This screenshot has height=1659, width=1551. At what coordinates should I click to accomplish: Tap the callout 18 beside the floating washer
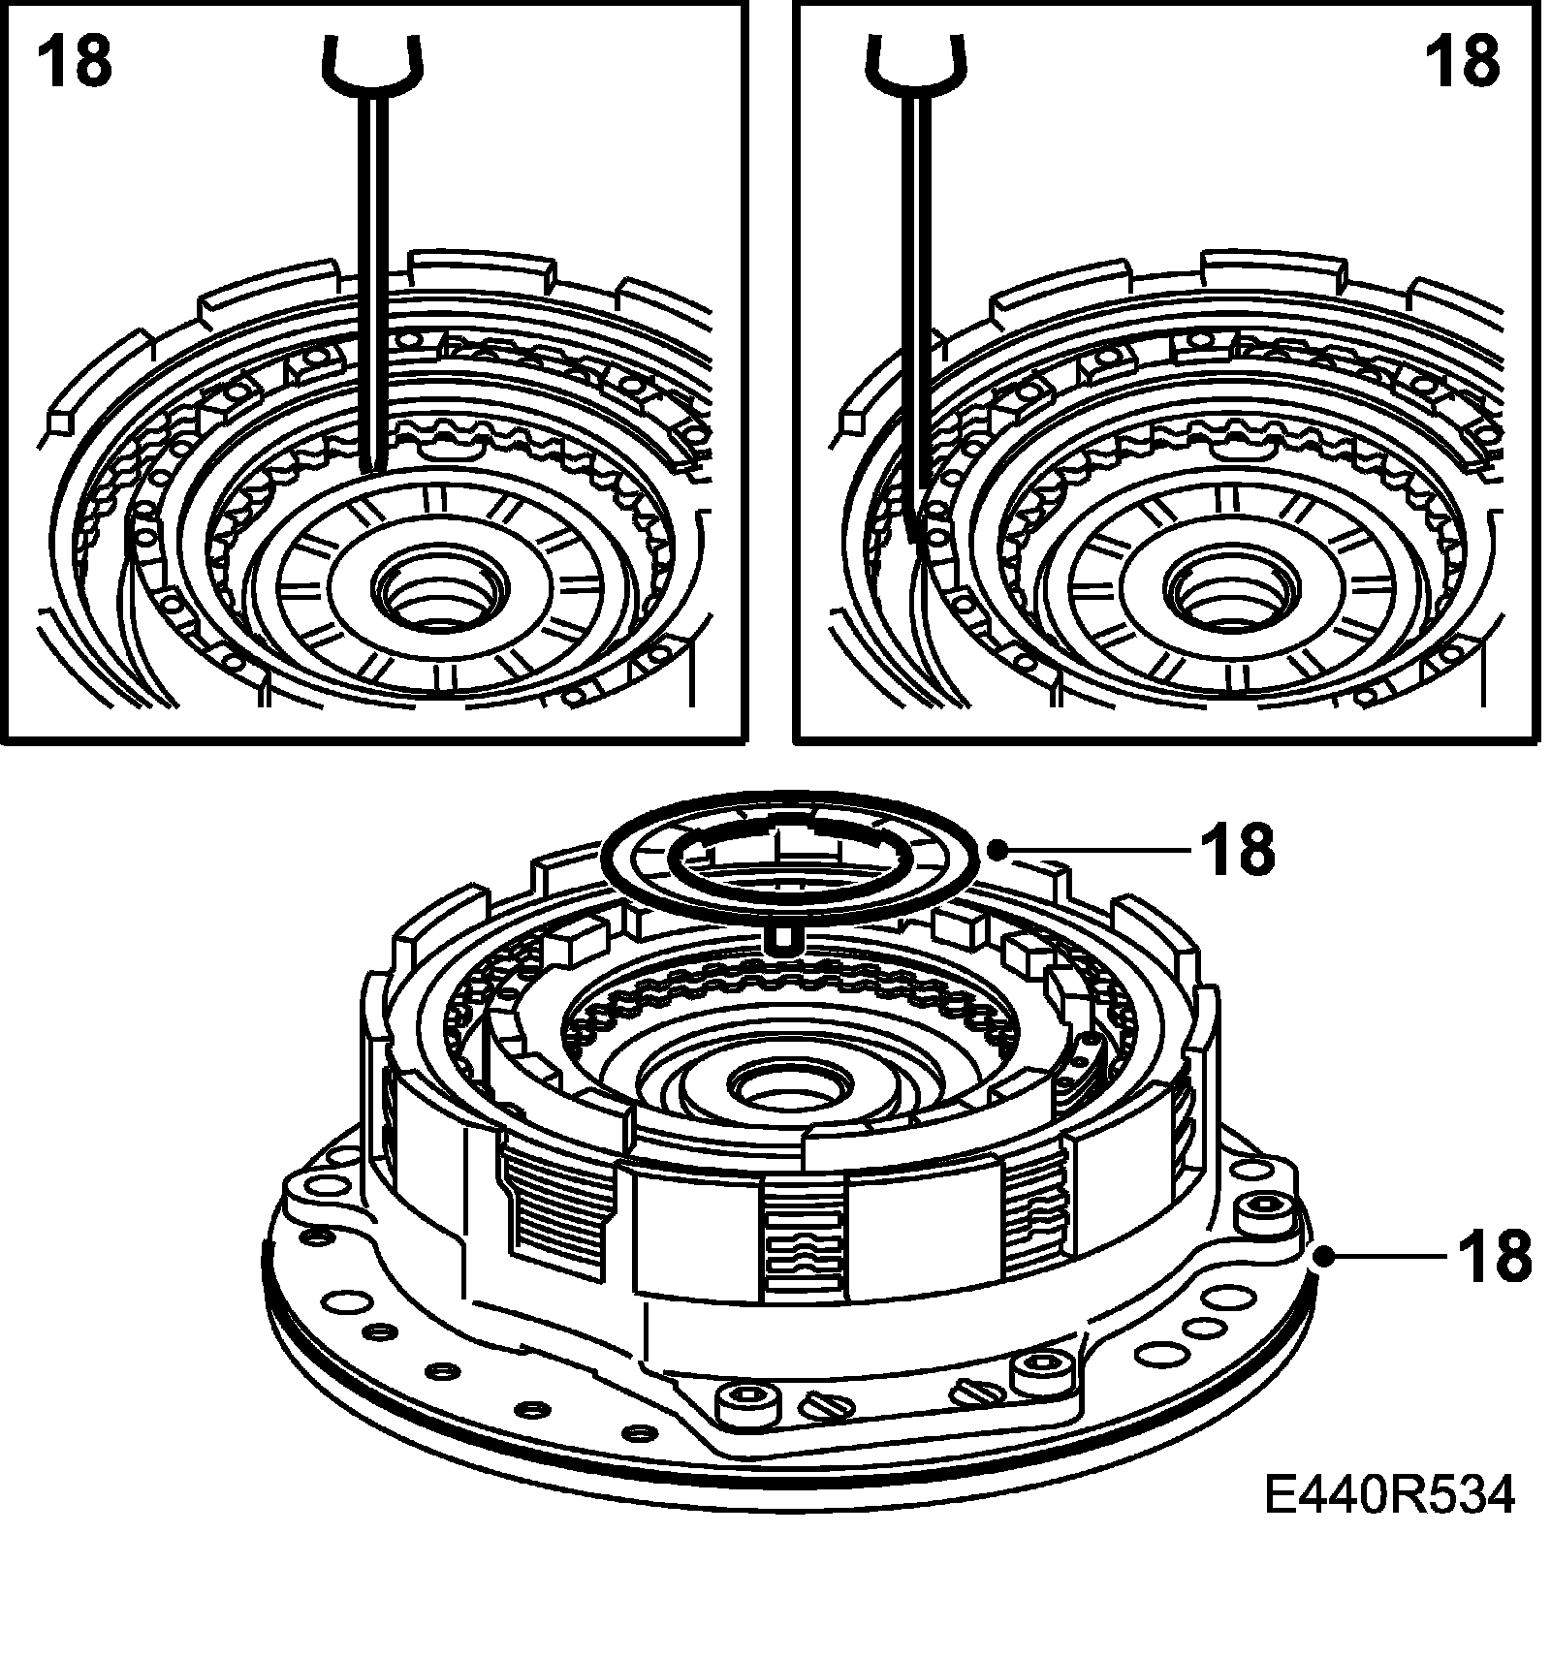[x=1238, y=849]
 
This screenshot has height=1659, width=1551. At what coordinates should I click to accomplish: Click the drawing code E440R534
[x=1389, y=1522]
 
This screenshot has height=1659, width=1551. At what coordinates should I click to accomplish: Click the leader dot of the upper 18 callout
[x=997, y=849]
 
